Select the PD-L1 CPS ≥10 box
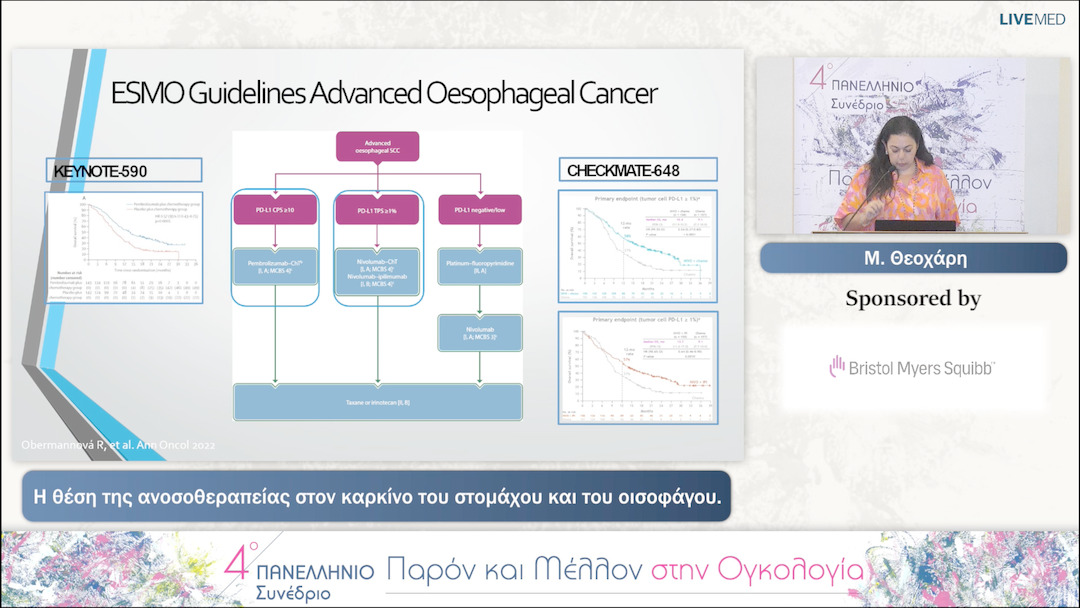[x=274, y=211]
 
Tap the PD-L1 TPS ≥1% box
[x=377, y=211]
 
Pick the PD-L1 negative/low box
[x=480, y=211]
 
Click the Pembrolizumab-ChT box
[x=274, y=265]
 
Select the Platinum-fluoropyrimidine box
[x=480, y=265]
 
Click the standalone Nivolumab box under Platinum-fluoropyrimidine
[x=480, y=331]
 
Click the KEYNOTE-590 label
[x=101, y=172]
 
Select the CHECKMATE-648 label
[x=623, y=171]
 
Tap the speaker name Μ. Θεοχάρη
[x=913, y=258]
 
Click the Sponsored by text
[x=912, y=298]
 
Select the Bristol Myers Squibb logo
[x=912, y=368]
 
